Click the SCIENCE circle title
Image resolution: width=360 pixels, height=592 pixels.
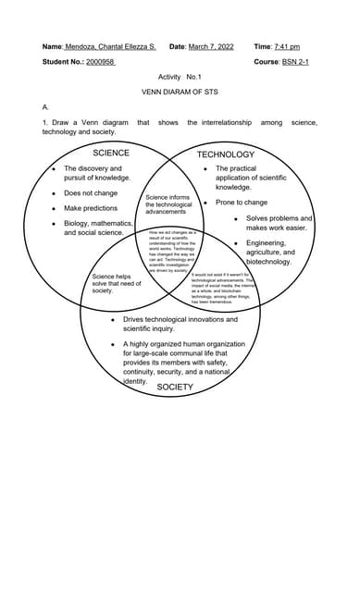(111, 153)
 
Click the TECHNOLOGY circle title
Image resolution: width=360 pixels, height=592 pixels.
(225, 154)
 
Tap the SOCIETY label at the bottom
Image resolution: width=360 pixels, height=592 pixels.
(175, 388)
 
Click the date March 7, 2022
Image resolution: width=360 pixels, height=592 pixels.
(211, 46)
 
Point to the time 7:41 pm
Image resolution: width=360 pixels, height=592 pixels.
(287, 46)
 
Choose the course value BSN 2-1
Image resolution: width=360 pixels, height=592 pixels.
(295, 62)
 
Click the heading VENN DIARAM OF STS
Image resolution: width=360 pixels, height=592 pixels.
(180, 92)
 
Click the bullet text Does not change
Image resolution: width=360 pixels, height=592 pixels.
(91, 193)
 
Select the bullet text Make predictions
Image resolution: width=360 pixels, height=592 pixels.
(91, 208)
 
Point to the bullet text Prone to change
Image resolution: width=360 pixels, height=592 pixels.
(242, 202)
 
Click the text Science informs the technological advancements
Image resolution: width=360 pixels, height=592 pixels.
(168, 204)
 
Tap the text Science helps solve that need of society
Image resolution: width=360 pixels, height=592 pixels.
(117, 283)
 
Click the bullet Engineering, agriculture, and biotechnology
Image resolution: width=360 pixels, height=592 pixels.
(270, 253)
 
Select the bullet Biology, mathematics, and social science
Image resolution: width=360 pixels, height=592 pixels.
(98, 228)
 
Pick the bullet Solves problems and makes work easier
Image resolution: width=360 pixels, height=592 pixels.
(279, 223)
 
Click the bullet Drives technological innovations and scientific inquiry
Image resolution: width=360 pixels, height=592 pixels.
(180, 324)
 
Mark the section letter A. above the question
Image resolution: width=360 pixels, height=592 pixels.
(46, 107)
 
